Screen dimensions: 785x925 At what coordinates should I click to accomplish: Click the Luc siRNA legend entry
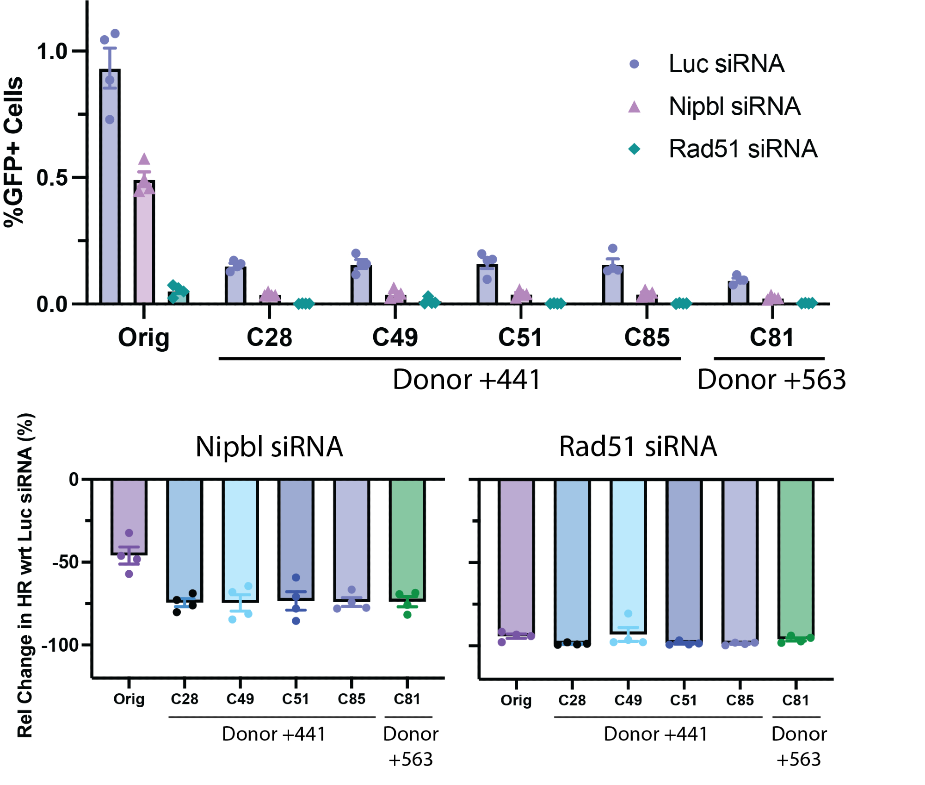point(726,64)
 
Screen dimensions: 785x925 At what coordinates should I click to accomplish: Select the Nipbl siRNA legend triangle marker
point(635,107)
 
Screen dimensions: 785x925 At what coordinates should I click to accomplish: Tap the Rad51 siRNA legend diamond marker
point(635,149)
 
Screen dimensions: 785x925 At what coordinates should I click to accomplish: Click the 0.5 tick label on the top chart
point(52,178)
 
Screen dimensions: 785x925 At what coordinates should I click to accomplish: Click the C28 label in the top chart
point(270,337)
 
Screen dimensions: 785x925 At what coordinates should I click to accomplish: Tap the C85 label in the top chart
point(647,337)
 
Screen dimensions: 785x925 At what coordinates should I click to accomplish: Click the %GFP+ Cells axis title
point(14,152)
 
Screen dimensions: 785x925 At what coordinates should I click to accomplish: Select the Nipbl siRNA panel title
point(269,447)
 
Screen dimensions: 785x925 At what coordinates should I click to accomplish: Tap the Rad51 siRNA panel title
point(638,447)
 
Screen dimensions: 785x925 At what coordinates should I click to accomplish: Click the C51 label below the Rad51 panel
point(684,700)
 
